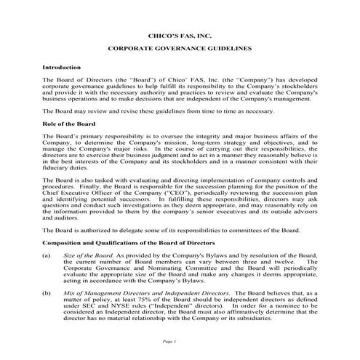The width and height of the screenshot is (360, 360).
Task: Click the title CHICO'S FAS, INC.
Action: tap(179, 34)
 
